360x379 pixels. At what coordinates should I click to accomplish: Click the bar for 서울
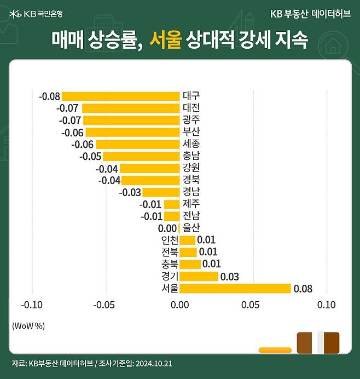click(x=235, y=289)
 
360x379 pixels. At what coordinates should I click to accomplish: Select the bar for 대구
click(x=120, y=96)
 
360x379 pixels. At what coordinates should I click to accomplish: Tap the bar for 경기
click(x=199, y=277)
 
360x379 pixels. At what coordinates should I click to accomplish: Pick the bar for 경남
click(x=161, y=192)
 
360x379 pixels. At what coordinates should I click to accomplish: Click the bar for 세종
click(x=138, y=145)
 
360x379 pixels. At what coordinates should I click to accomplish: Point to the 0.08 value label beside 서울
click(x=303, y=289)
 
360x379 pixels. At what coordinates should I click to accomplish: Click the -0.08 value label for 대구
click(x=49, y=96)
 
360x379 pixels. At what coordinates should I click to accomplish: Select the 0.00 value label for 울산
click(x=167, y=228)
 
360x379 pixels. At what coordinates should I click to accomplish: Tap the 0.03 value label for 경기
click(x=230, y=277)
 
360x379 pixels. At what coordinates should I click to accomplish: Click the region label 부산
click(x=191, y=132)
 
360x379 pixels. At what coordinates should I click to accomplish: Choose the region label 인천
click(x=170, y=240)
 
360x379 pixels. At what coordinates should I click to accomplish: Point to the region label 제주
click(x=191, y=204)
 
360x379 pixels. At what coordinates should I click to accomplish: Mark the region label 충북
click(x=170, y=265)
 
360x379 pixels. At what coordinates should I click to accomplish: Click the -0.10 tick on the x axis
click(x=31, y=305)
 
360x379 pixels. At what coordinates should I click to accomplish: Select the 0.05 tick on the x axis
click(x=253, y=305)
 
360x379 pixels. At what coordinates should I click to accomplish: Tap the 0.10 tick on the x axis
click(x=327, y=305)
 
